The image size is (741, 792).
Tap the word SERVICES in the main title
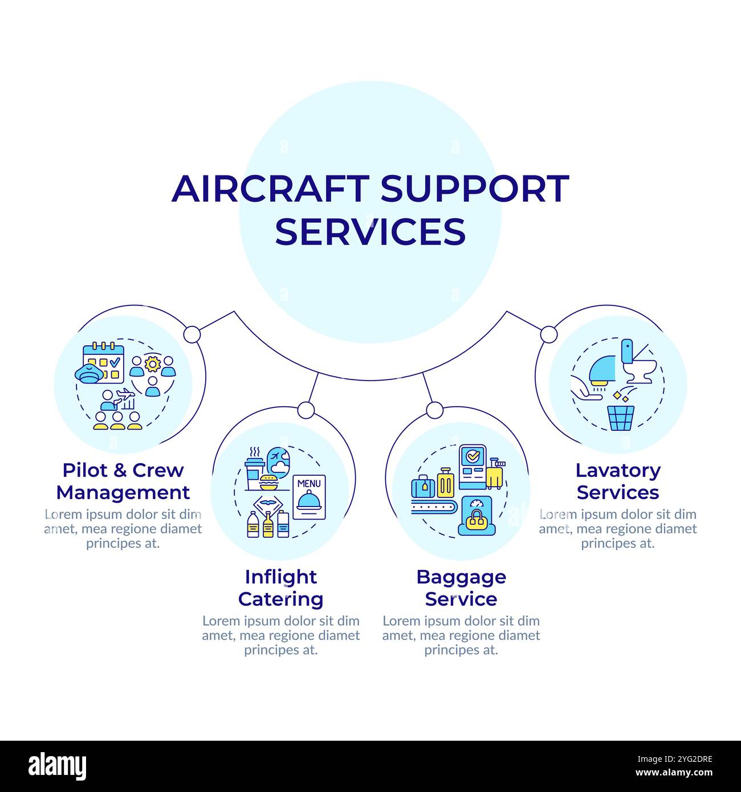pos(370,231)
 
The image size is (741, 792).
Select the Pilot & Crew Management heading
pos(123,481)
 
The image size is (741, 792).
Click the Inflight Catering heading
pos(280,588)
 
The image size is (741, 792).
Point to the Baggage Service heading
pos(461,588)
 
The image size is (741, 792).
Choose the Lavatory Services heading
pos(618,481)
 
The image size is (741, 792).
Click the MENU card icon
pos(309,497)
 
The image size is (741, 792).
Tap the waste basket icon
pos(621,418)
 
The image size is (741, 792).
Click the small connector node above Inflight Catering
pos(306,410)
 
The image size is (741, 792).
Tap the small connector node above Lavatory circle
pos(548,334)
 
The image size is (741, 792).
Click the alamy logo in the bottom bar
pos(58,766)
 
